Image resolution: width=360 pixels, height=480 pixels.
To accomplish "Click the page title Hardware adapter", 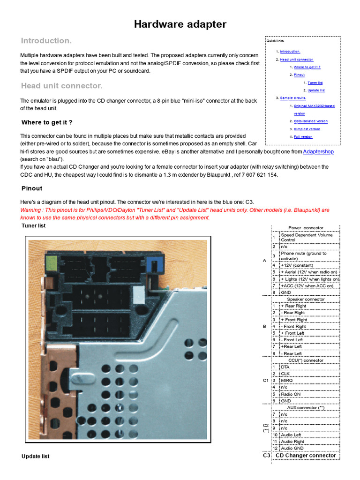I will click(x=180, y=24).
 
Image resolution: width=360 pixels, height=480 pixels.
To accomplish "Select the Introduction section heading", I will click(x=46, y=41).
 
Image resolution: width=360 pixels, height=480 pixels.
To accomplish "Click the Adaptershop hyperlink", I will click(x=318, y=151).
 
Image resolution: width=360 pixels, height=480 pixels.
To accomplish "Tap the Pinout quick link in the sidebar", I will click(x=299, y=75).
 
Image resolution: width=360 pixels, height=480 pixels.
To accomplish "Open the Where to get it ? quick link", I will click(x=307, y=67).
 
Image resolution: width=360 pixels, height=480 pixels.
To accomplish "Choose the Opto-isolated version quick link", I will click(x=311, y=121).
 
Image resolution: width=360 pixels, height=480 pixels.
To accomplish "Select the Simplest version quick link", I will click(x=307, y=129).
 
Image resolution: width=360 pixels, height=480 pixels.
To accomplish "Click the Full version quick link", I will click(x=303, y=136).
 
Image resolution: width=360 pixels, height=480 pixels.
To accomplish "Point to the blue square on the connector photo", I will click(x=153, y=264).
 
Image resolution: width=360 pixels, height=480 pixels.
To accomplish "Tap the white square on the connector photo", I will click(x=139, y=294).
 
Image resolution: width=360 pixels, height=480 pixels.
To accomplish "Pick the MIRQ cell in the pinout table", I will click(x=287, y=380).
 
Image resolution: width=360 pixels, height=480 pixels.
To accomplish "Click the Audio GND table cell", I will click(x=293, y=448).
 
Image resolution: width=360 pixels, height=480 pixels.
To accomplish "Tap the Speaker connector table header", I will click(x=306, y=299).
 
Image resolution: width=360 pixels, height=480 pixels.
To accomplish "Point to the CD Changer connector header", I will click(x=306, y=455).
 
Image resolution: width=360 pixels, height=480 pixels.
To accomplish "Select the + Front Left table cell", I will click(x=292, y=333).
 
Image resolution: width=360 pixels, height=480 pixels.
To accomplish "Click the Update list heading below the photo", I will click(x=36, y=456).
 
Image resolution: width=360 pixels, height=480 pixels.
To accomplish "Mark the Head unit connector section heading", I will click(x=61, y=86).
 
